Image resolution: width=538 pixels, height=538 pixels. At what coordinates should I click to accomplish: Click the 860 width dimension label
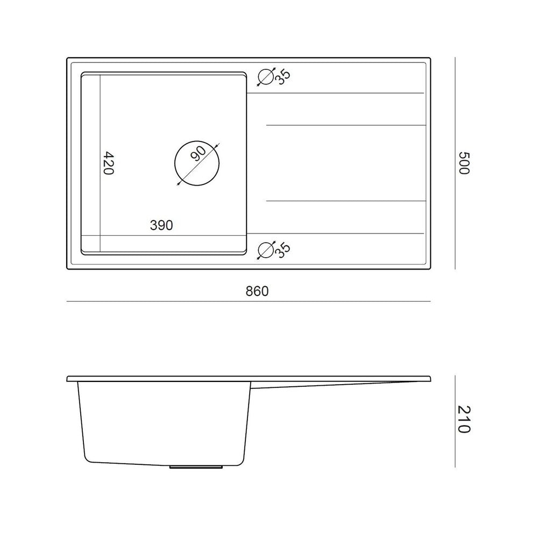point(257,291)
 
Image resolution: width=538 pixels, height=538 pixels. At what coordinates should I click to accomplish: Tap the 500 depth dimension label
point(464,163)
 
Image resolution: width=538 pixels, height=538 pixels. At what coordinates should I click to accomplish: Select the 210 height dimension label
point(464,419)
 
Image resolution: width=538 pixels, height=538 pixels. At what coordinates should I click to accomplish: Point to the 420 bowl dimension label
point(109,163)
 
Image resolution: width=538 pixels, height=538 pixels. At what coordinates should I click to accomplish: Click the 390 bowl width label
point(161,225)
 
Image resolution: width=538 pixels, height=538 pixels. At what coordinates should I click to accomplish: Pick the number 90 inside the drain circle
point(199,153)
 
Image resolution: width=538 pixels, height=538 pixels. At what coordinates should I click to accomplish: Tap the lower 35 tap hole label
point(283,250)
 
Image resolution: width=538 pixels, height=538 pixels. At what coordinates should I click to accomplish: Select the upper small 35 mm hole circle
point(266,77)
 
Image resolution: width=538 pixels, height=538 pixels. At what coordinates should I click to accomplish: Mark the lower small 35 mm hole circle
point(266,250)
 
